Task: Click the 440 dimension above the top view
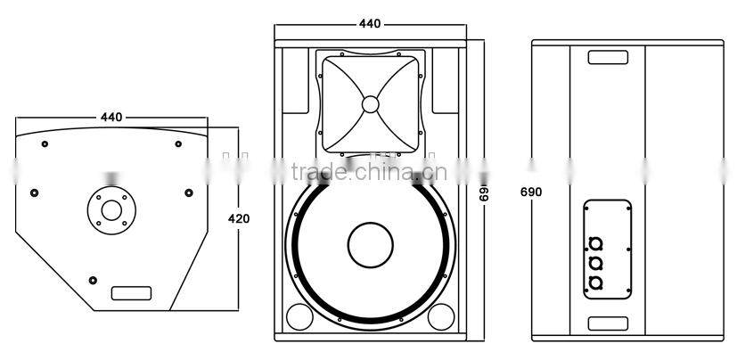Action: (x=111, y=117)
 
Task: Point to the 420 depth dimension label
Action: (x=239, y=218)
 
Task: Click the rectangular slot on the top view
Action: (x=130, y=292)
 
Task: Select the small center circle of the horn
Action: (x=370, y=104)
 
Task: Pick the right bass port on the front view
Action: (x=439, y=315)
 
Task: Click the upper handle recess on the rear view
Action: (x=608, y=57)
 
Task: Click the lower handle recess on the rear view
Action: (x=608, y=323)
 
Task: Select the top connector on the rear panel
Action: (x=595, y=245)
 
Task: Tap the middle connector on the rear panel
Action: (x=595, y=264)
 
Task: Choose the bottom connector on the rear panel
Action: (x=595, y=282)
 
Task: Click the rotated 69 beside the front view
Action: (x=486, y=192)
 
